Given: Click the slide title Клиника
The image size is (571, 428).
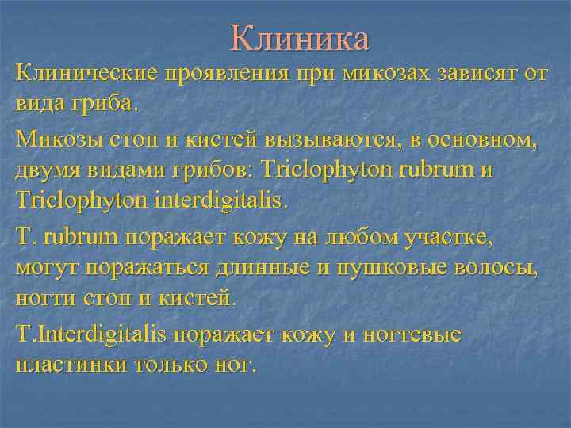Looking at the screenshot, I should point(300,37).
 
